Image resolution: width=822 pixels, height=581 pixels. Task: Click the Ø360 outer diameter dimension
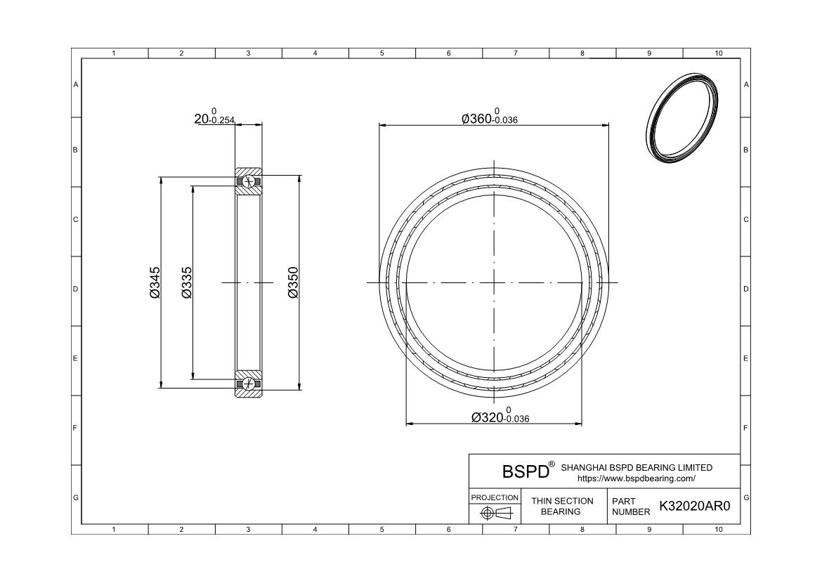tap(489, 117)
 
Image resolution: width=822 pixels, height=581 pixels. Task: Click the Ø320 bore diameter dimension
tap(500, 415)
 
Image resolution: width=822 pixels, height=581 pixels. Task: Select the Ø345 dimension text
tap(155, 282)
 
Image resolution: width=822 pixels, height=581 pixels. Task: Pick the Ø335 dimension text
tap(187, 282)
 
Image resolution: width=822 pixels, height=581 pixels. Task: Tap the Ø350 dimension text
tap(293, 282)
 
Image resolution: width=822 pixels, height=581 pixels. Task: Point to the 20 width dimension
tap(214, 117)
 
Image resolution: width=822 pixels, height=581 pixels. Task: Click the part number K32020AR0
tap(694, 506)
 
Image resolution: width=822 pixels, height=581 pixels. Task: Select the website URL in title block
tap(637, 478)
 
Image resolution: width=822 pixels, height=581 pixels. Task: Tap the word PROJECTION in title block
tap(495, 497)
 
